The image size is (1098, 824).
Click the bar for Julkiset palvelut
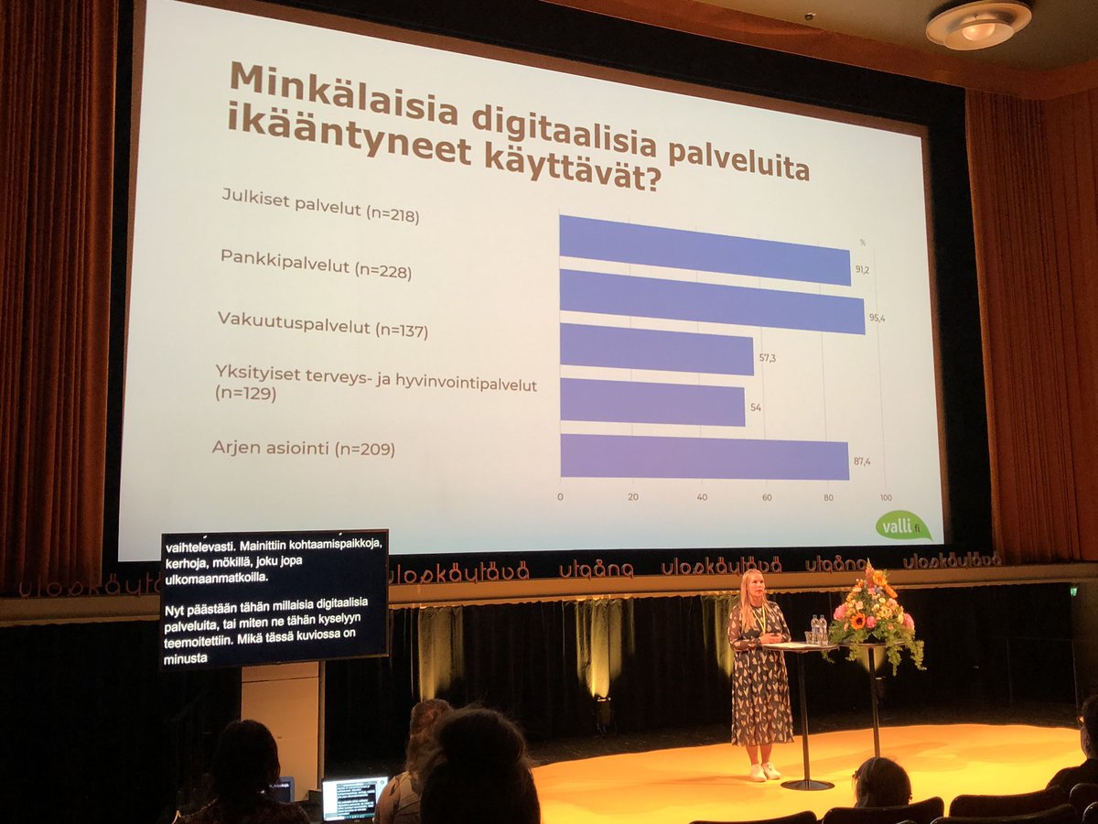[705, 249]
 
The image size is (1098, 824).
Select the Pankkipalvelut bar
[712, 301]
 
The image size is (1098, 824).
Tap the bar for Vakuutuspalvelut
[657, 349]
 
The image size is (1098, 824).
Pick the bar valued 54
[652, 402]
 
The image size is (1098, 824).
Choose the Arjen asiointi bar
[705, 456]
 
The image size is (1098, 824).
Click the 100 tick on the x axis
[884, 497]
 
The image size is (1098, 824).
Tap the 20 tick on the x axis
[632, 496]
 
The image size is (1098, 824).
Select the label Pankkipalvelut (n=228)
[316, 265]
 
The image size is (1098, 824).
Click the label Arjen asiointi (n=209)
[303, 449]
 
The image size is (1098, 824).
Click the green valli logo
[902, 525]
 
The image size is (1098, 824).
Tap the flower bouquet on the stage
[874, 613]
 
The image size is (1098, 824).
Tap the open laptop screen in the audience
[353, 797]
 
